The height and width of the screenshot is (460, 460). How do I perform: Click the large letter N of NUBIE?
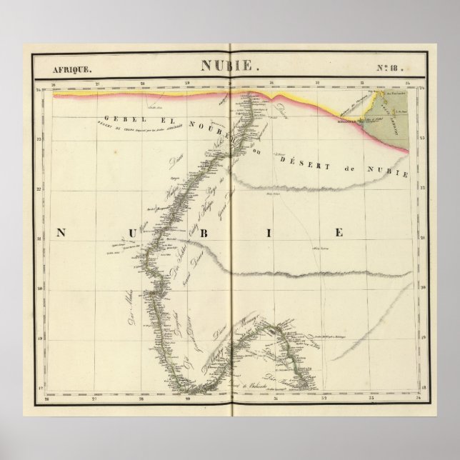[61, 234]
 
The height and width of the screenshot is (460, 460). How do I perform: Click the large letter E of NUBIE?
[340, 234]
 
